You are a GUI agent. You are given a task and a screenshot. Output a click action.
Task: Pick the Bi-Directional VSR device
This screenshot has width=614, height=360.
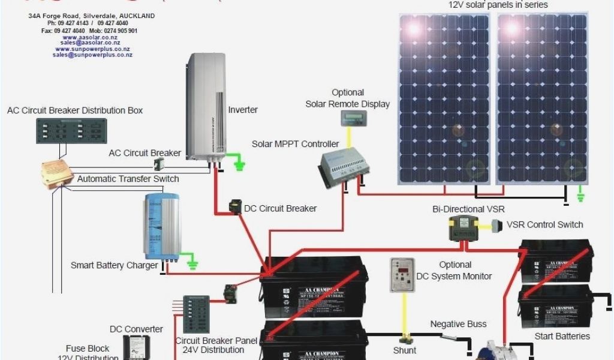click(x=465, y=228)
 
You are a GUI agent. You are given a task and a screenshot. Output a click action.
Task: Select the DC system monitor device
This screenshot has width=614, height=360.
click(x=402, y=275)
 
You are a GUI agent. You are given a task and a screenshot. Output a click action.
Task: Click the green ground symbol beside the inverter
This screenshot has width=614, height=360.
click(x=240, y=163)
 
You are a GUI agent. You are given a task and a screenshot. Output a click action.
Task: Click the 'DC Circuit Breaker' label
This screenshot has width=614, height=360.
click(x=280, y=208)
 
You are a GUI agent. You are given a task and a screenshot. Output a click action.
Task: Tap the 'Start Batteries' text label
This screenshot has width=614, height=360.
click(x=562, y=336)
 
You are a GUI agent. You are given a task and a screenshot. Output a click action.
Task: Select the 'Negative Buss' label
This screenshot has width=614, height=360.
click(x=458, y=324)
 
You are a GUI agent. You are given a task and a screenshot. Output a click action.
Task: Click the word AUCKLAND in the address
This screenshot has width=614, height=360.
click(x=139, y=16)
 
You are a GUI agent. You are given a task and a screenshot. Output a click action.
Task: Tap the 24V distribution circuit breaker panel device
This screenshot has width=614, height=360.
click(x=196, y=314)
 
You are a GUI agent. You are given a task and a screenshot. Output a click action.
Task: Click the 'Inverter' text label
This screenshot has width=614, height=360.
click(x=243, y=110)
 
